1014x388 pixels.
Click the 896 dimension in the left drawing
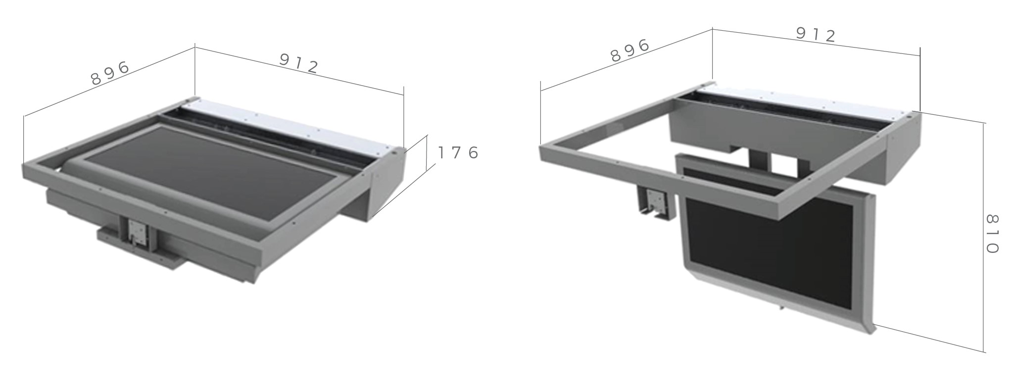(x=110, y=73)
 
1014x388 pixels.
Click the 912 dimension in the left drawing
(x=298, y=63)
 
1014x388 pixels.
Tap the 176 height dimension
(x=458, y=153)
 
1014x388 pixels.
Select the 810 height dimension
(x=992, y=234)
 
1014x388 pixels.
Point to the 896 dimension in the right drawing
(x=629, y=50)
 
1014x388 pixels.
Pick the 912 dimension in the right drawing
(x=816, y=34)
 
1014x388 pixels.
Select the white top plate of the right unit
(x=802, y=105)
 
